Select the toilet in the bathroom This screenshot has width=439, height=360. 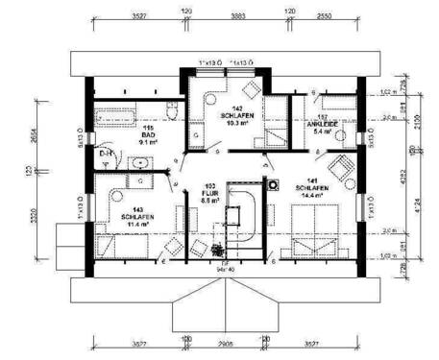[x=169, y=111]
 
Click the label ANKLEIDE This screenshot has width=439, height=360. [x=320, y=125]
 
